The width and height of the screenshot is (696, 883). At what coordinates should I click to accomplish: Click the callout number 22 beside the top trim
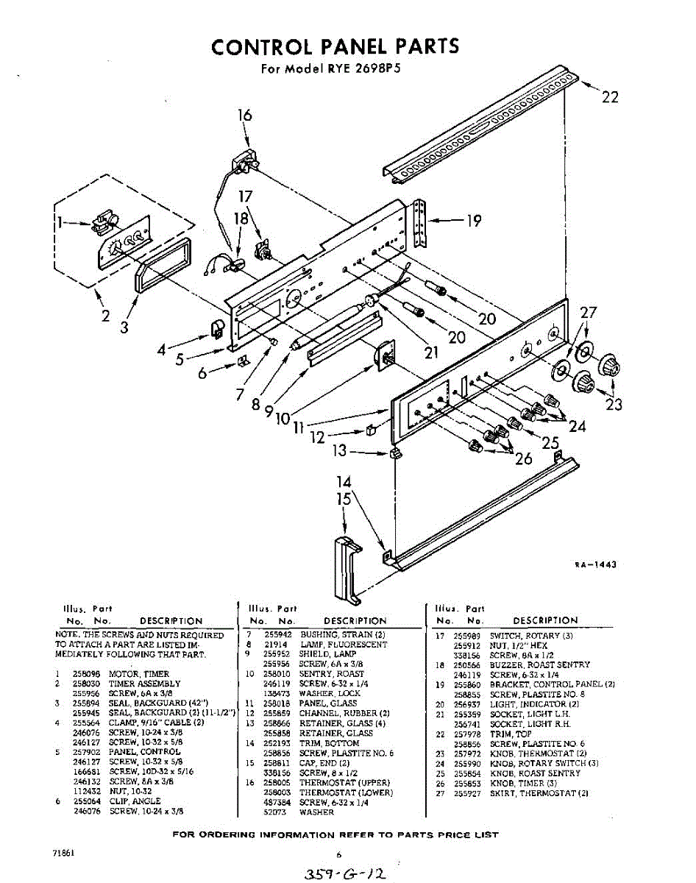point(610,97)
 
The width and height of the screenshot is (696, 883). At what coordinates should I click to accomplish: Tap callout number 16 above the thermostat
point(245,116)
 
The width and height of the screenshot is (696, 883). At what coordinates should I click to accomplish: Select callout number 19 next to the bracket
point(475,220)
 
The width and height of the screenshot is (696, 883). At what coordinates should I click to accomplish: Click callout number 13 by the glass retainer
point(339,450)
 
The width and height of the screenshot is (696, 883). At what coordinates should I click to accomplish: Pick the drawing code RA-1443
point(594,564)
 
